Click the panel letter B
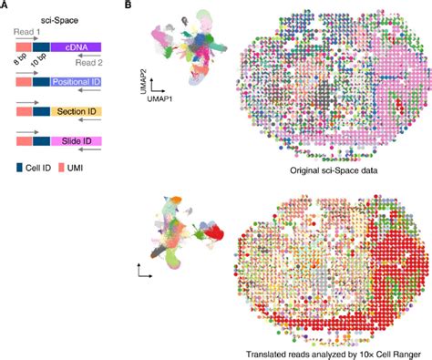(129, 6)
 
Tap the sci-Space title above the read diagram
(61, 19)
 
